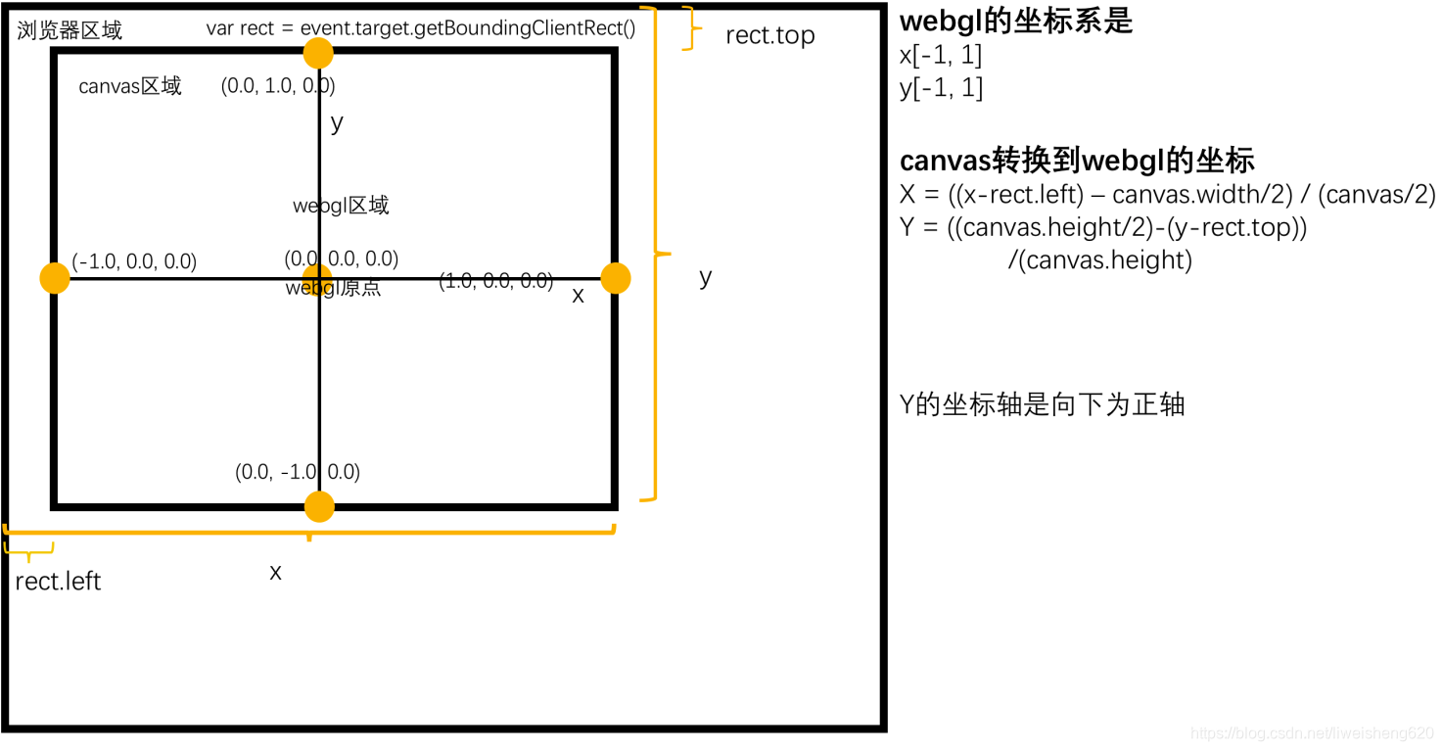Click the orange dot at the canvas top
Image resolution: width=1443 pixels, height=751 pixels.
[x=318, y=53]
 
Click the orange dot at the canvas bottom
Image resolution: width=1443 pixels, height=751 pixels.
[x=319, y=506]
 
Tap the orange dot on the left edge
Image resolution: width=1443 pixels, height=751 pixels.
[x=55, y=278]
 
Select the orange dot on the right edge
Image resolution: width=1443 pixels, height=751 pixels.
[x=615, y=278]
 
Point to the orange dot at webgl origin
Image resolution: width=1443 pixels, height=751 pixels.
[x=316, y=278]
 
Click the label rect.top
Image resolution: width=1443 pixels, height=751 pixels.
[x=769, y=36]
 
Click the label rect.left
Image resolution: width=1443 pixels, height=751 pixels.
[x=58, y=581]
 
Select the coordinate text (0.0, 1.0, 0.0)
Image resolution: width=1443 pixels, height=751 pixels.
[x=278, y=86]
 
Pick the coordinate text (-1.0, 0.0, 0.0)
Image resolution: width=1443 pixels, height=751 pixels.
[x=134, y=261]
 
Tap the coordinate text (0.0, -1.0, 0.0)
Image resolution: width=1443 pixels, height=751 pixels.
[x=298, y=472]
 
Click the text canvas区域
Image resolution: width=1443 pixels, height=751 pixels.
[x=130, y=86]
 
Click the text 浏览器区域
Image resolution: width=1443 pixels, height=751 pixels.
[x=70, y=30]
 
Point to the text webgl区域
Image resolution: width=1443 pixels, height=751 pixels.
[x=341, y=206]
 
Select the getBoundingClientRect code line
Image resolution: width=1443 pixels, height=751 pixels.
[x=420, y=28]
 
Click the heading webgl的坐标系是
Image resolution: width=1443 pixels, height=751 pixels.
[x=1015, y=21]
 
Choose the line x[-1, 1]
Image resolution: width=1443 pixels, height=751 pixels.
[x=940, y=55]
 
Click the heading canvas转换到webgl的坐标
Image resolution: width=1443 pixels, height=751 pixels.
[x=1077, y=161]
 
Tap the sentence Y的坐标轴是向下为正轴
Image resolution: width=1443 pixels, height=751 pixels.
[x=1042, y=404]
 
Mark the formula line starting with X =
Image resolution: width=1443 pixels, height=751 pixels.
[x=1167, y=194]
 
